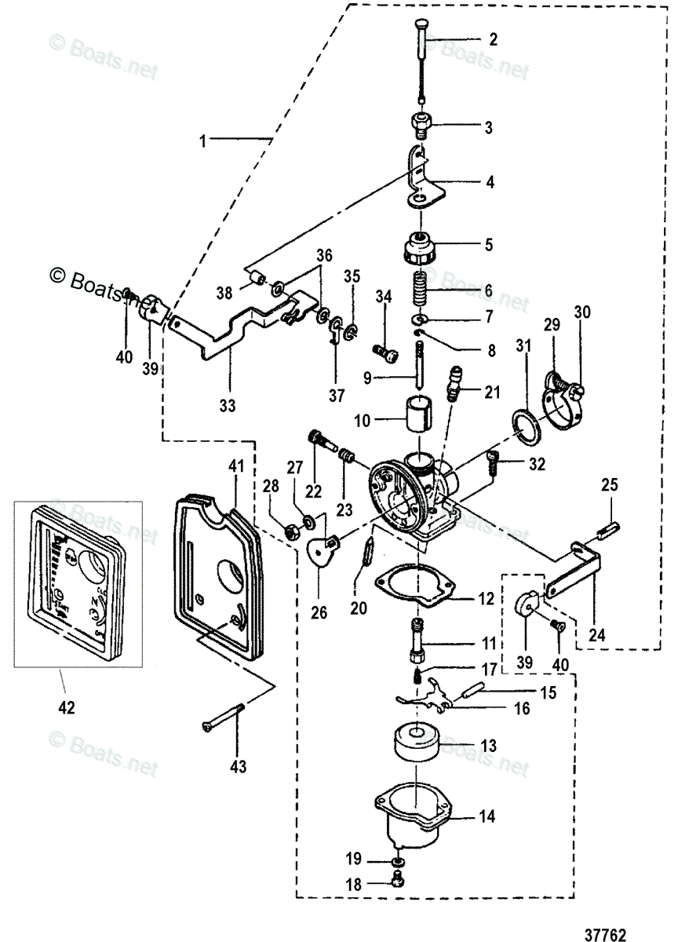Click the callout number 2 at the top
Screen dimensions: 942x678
pyautogui.click(x=493, y=38)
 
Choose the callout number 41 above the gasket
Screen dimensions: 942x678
pyautogui.click(x=236, y=466)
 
